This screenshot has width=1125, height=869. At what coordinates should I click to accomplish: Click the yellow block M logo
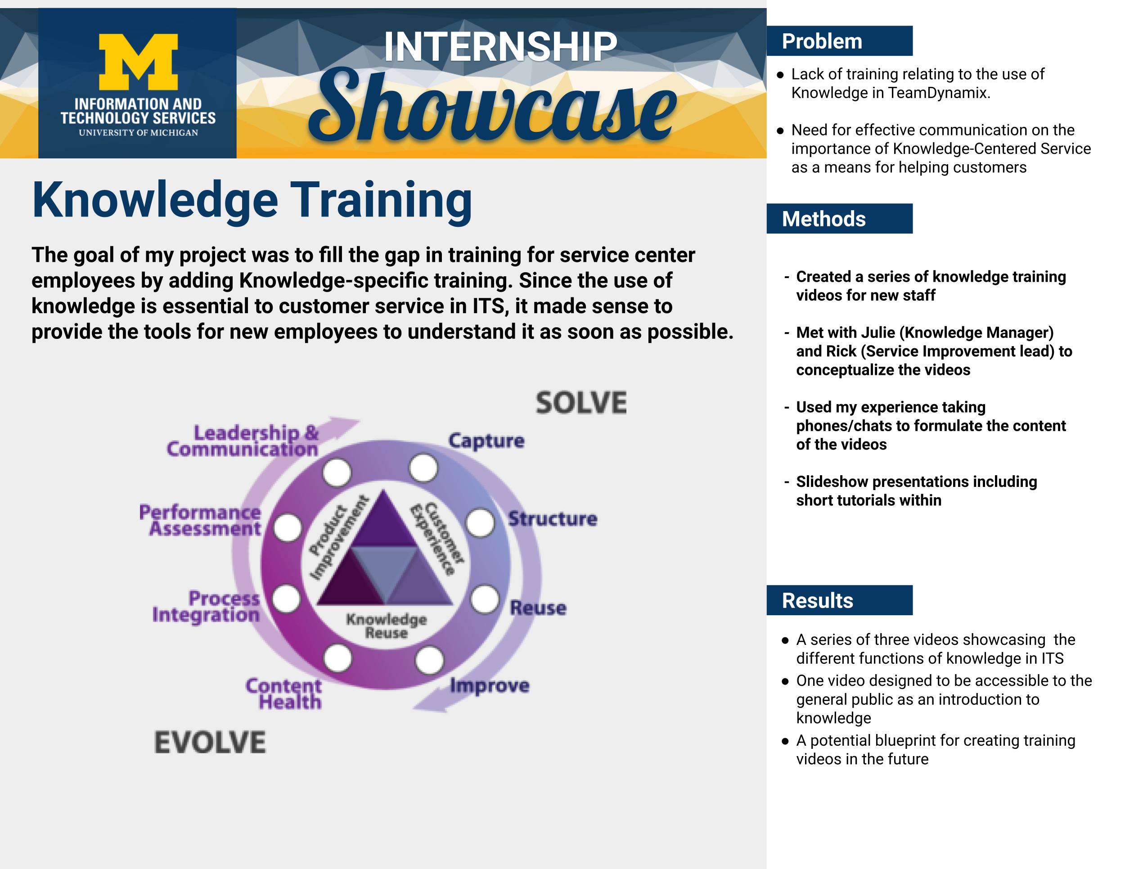138,62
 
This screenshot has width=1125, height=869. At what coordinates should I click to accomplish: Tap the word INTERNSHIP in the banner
500,47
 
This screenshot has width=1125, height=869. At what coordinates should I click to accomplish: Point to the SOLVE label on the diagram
581,403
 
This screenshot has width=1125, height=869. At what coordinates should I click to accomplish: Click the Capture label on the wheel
486,441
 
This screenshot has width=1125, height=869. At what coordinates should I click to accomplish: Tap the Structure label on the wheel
553,519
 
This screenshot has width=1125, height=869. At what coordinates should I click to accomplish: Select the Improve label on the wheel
489,686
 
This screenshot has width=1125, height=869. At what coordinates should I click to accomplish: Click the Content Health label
284,694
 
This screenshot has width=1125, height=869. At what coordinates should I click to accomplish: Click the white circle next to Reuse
484,599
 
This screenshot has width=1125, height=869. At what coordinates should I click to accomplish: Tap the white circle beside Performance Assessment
287,528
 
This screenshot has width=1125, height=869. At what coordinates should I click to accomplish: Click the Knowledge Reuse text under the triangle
387,626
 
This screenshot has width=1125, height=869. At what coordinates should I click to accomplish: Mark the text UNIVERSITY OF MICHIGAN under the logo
138,133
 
